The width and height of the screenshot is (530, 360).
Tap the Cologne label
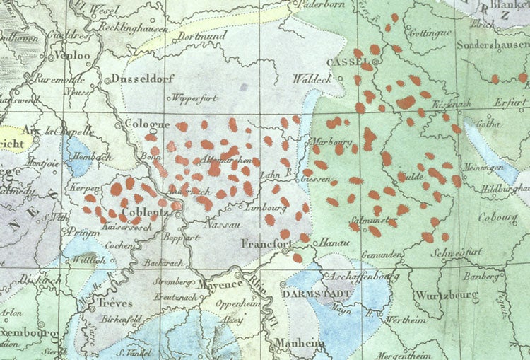click(x=145, y=123)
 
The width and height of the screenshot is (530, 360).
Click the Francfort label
click(x=266, y=245)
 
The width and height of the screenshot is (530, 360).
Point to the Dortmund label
click(x=202, y=35)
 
